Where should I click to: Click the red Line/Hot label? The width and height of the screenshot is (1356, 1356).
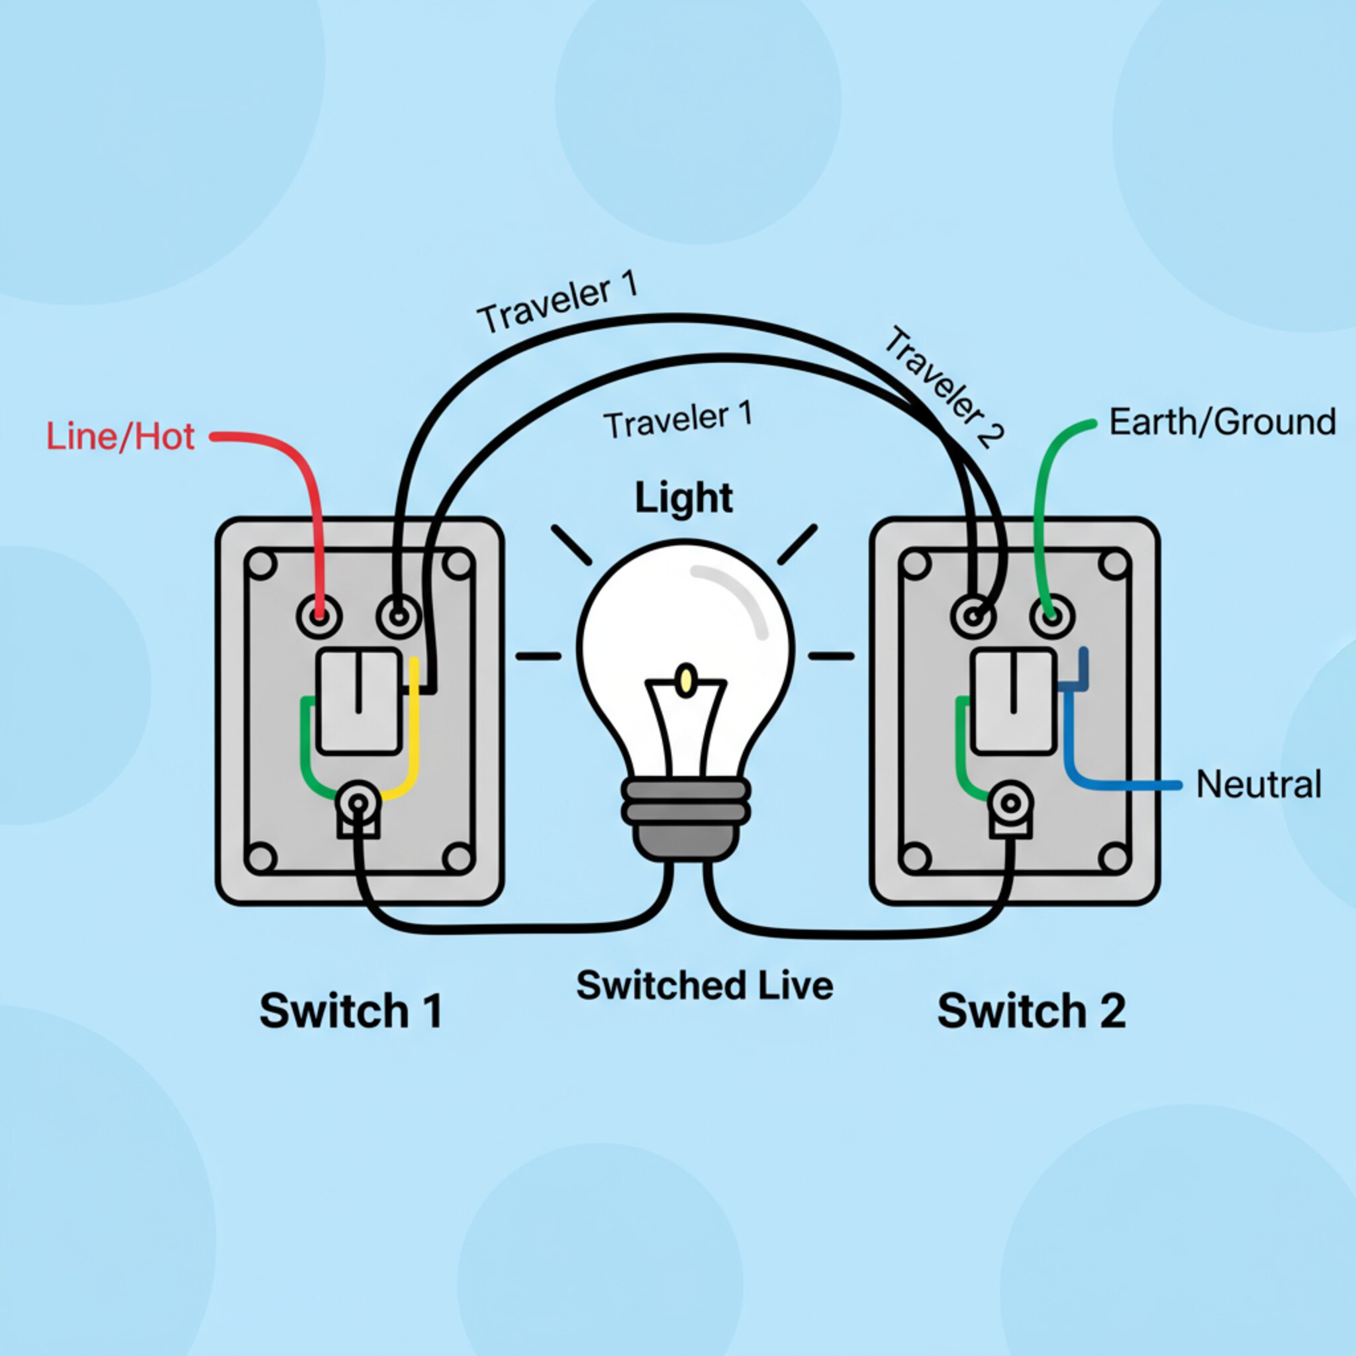coord(120,436)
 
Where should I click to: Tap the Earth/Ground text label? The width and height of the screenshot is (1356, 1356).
coord(1222,422)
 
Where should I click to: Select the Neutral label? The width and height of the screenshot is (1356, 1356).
coord(1259,784)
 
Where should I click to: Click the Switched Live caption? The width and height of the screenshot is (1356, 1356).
coord(704,985)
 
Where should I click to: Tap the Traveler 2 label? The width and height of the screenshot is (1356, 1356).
coord(944,387)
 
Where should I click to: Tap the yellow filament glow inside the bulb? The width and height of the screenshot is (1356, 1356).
coord(687,680)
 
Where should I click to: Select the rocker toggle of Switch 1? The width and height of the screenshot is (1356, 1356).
coord(359,701)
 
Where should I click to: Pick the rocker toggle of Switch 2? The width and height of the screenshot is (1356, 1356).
coord(1014,701)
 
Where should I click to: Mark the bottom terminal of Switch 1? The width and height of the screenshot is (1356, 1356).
coord(359,804)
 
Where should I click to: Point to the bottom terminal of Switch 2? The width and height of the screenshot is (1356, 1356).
coord(1012,804)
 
